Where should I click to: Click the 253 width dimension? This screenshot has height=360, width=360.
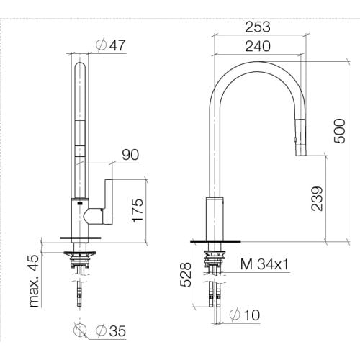[x=258, y=27]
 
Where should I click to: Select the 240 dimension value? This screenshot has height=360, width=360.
[x=258, y=46]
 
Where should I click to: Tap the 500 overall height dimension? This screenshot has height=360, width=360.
[x=340, y=131]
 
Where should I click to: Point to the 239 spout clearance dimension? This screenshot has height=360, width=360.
[x=317, y=199]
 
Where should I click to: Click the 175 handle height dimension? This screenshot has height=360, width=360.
[x=138, y=210]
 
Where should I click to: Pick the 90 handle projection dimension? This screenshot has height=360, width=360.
[x=130, y=155]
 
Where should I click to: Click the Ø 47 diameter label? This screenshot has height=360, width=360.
[x=111, y=45]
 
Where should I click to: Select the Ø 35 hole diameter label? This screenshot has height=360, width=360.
[x=111, y=331]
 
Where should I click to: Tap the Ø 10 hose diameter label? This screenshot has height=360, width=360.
[x=245, y=315]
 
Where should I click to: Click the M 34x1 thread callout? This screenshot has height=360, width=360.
[x=264, y=264]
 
